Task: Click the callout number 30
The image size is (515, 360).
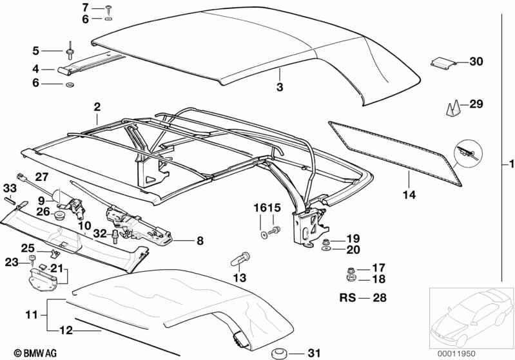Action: click(x=476, y=61)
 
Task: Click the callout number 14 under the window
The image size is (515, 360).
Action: click(x=409, y=194)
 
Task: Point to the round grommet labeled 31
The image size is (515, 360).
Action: click(x=279, y=354)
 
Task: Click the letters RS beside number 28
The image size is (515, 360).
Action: click(x=347, y=298)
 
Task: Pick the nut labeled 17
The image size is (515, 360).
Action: click(x=350, y=270)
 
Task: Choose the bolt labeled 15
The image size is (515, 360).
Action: click(x=274, y=231)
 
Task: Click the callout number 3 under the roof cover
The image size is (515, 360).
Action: click(x=280, y=87)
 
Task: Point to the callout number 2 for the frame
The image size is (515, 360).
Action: click(x=97, y=107)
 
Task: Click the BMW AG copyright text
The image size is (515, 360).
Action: click(x=35, y=353)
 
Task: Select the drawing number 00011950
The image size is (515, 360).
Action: click(x=456, y=354)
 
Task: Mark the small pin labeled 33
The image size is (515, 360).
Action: click(x=9, y=200)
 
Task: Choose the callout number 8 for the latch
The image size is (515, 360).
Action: click(x=200, y=241)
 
